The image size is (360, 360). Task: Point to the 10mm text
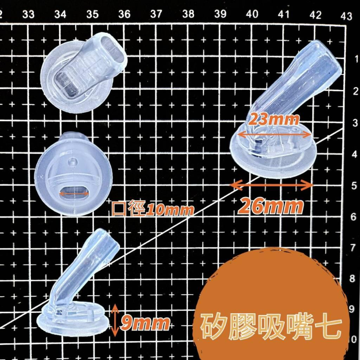pos(170,209)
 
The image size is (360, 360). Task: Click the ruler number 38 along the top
pos(188,14)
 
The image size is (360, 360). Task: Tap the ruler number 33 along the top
pos(28,14)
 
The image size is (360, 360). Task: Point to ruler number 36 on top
pos(124,14)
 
